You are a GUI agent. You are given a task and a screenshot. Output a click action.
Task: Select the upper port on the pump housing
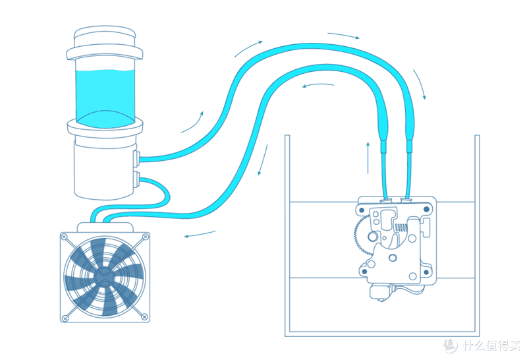click(136, 158)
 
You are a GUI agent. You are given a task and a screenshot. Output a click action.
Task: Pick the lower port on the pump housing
click(136, 180)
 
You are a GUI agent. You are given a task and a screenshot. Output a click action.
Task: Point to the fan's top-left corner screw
click(65, 237)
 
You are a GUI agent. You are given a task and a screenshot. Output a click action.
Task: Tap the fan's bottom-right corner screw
click(144, 316)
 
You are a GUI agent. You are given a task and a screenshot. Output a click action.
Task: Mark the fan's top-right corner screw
click(145, 237)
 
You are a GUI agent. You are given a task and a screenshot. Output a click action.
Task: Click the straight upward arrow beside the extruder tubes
click(368, 158)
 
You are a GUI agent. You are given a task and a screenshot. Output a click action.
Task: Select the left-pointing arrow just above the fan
click(200, 234)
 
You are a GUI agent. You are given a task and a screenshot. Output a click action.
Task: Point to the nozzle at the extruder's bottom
click(381, 291)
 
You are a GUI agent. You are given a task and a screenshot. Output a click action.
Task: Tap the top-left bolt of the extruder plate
click(362, 210)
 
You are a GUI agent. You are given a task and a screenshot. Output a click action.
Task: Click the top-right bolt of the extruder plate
click(426, 209)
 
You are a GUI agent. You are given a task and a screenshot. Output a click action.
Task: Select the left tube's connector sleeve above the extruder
click(383, 146)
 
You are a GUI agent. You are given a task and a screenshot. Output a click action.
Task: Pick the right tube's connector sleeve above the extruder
click(409, 146)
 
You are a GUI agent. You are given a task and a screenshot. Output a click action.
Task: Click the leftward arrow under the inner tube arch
click(318, 85)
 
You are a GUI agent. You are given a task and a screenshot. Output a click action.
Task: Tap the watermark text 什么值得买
click(491, 345)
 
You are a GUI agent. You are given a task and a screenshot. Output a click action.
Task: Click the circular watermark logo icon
click(450, 345)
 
